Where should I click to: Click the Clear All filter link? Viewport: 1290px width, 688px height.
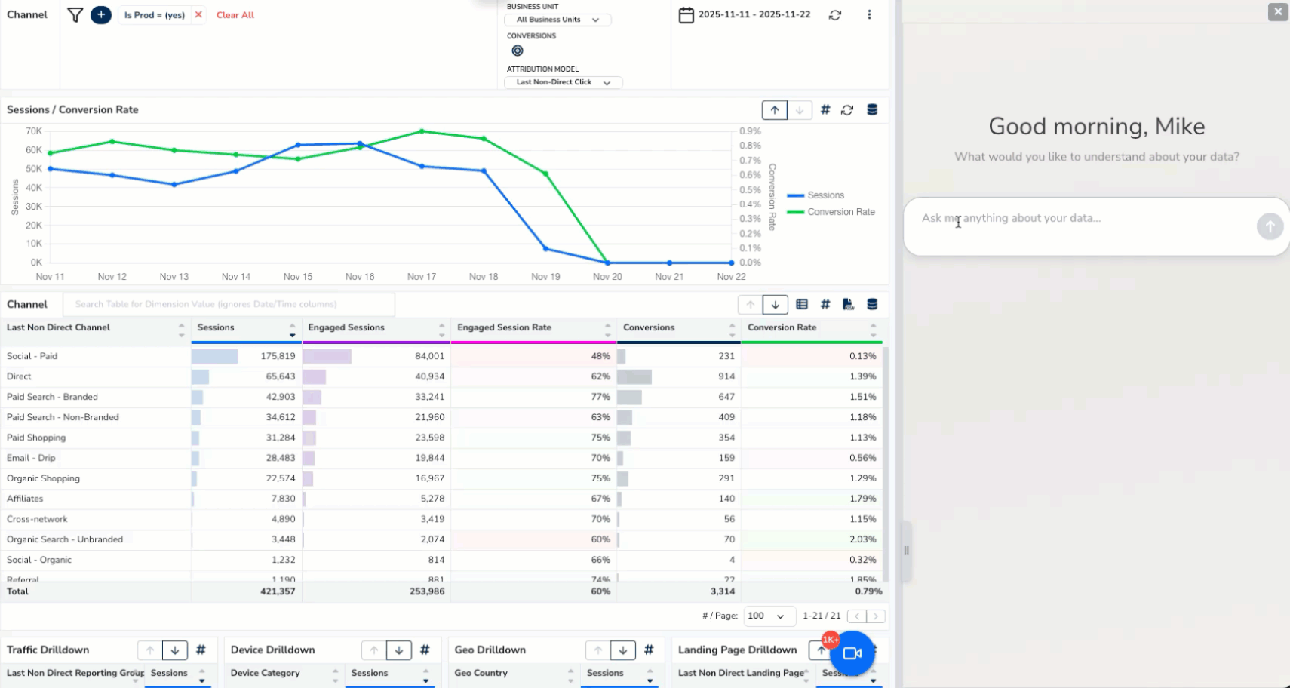pos(235,15)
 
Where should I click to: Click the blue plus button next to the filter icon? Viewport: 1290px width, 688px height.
pos(100,14)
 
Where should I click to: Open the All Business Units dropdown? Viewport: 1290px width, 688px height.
pos(557,20)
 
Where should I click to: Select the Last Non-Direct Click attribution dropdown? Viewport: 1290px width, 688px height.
pos(563,82)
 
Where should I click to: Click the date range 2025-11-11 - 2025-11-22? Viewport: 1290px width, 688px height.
pos(753,14)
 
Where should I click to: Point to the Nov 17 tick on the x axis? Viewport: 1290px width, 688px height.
pos(422,277)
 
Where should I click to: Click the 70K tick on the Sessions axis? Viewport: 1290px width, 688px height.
pos(34,131)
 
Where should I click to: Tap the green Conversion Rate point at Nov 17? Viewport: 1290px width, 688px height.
pos(422,131)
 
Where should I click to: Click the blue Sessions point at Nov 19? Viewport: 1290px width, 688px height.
pos(545,248)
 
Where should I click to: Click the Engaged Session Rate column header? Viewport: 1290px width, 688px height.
pos(504,327)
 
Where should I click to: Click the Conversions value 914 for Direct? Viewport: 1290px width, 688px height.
pos(726,376)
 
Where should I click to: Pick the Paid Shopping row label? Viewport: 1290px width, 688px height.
pos(36,438)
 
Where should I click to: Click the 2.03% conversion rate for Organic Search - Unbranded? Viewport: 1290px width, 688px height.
pos(862,539)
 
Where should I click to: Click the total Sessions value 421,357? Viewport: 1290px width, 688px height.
pos(277,591)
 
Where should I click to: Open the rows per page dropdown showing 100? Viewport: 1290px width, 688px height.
pos(769,616)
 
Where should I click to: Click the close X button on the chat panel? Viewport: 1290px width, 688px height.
pos(1277,12)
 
